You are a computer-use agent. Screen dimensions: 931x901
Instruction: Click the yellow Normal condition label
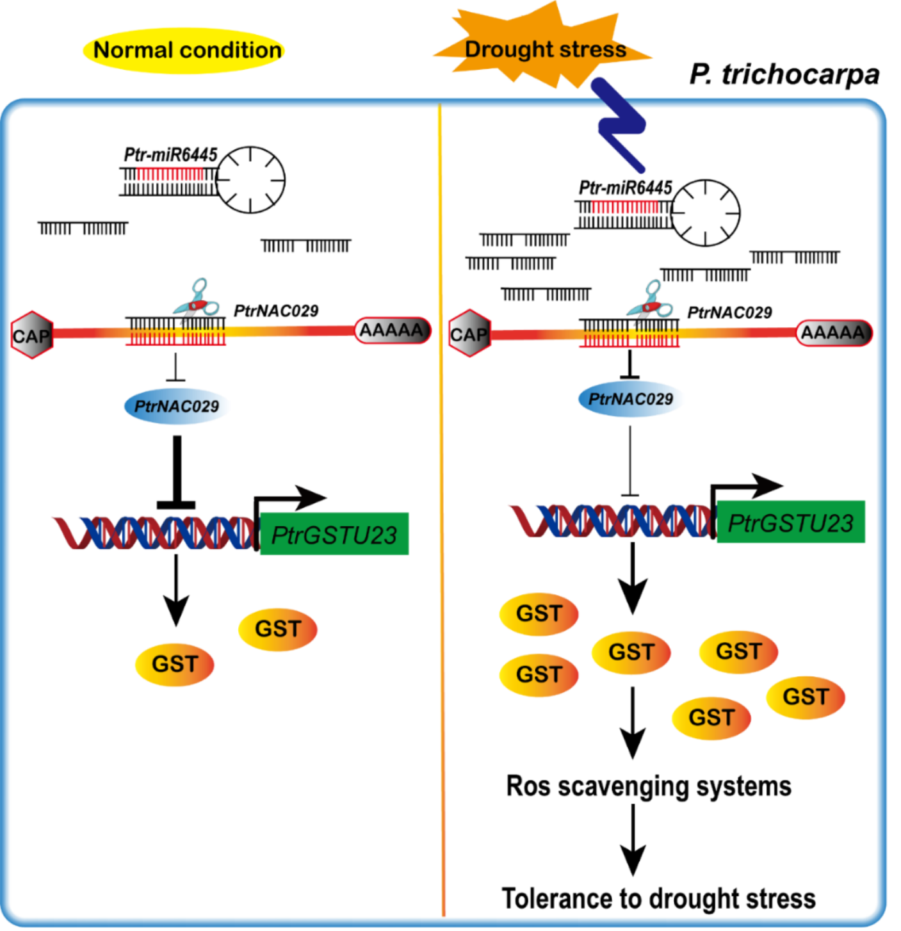[x=184, y=50]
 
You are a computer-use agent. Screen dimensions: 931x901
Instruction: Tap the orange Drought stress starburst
[x=544, y=48]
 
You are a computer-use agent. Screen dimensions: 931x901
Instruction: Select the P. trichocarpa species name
[x=784, y=74]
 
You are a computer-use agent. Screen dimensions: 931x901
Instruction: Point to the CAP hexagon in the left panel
[x=31, y=335]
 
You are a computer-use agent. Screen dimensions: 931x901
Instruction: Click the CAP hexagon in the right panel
[x=469, y=334]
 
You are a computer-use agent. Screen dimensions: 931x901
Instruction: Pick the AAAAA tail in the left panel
[x=393, y=330]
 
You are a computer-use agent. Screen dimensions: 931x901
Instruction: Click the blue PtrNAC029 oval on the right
[x=630, y=399]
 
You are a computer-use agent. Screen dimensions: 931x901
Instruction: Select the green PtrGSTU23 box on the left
[x=334, y=534]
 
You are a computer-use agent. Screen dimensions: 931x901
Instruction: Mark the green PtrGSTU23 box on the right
[x=790, y=522]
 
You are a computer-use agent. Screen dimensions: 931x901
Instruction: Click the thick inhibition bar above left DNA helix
[x=177, y=474]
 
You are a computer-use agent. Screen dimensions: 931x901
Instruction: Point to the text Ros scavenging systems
[x=648, y=786]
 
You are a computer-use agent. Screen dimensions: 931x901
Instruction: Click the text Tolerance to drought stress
[x=658, y=898]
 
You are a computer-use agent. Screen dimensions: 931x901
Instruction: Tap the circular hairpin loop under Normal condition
[x=250, y=180]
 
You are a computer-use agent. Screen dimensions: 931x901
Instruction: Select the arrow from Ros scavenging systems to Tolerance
[x=633, y=839]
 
